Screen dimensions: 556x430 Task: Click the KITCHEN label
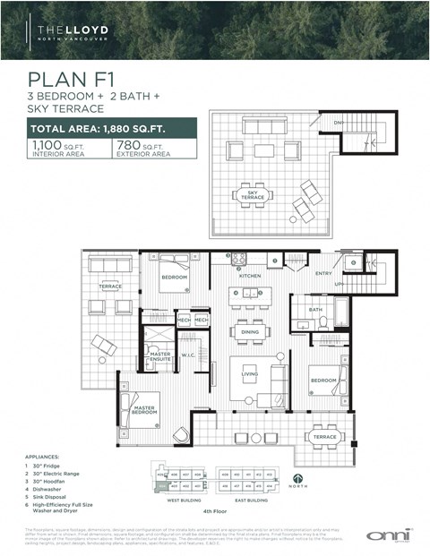250,276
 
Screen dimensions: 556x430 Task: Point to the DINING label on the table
250,330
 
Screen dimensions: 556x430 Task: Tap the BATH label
315,310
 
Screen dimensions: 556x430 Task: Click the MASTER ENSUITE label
161,357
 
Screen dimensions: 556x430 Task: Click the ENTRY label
323,274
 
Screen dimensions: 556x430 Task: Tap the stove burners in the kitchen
239,260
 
